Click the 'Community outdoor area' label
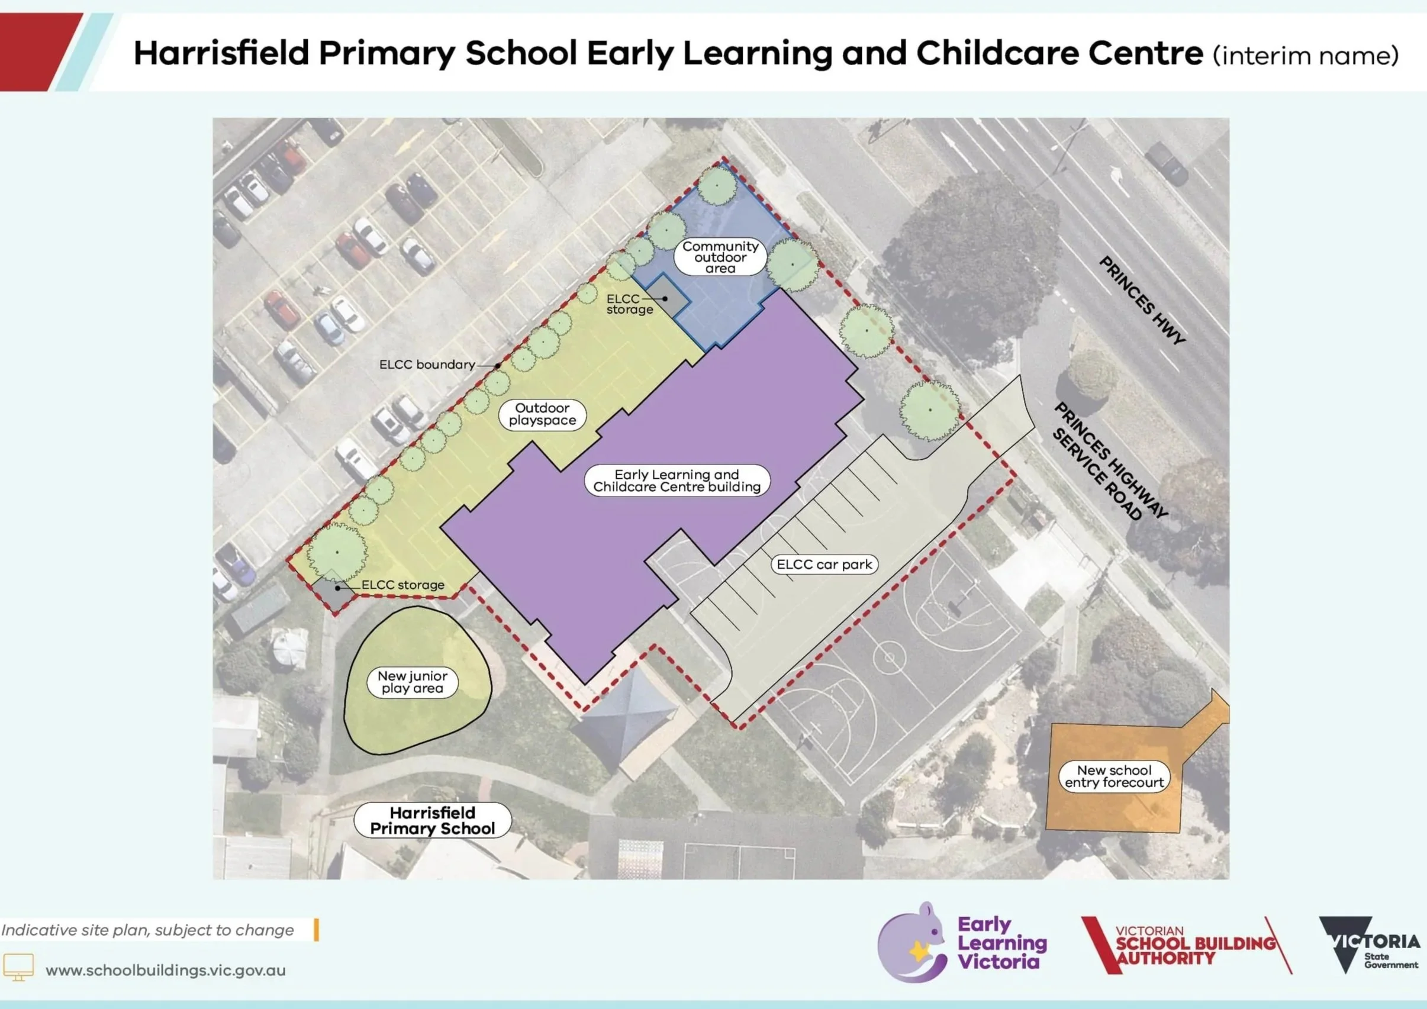720,257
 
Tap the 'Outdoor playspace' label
542,414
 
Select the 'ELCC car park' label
824,564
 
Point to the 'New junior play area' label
412,682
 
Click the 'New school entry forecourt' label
1114,776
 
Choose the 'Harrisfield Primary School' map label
433,820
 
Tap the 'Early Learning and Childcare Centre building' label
677,481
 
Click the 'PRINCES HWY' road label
1142,300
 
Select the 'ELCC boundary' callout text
427,365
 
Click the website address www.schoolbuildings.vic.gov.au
165,971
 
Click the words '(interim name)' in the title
1305,56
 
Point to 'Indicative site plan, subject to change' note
148,930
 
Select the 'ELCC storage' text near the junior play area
402,585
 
